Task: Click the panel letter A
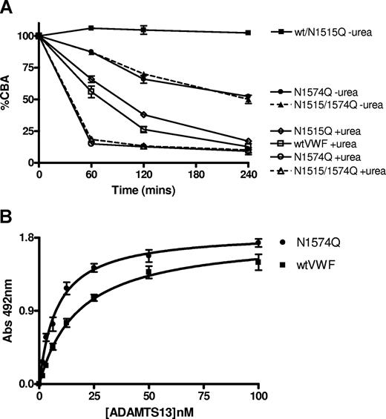tap(8, 8)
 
